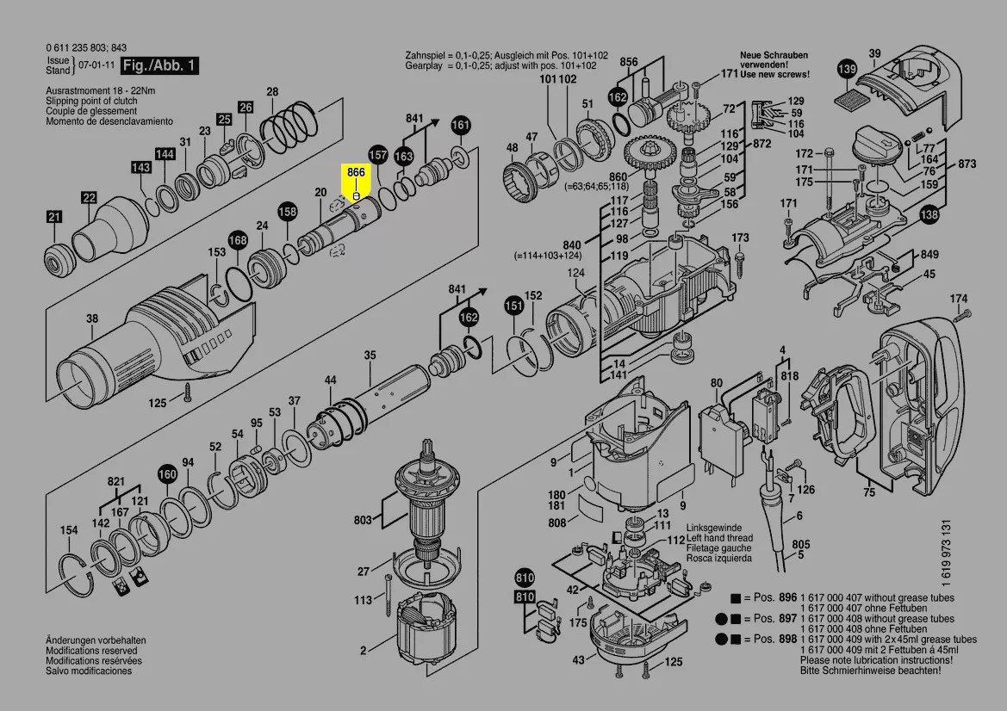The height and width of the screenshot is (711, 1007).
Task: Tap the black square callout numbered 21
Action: (54, 218)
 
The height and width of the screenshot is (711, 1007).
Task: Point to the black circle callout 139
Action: (848, 69)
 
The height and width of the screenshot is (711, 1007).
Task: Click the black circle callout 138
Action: (929, 215)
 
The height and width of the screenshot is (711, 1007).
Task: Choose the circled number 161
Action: (461, 125)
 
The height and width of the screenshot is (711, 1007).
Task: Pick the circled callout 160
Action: (166, 473)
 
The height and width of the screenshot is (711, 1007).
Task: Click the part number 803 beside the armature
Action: (363, 520)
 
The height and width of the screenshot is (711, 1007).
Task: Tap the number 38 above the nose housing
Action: (92, 319)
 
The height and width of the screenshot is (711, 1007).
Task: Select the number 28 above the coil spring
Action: (272, 92)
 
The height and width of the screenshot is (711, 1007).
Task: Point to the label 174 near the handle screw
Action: (959, 299)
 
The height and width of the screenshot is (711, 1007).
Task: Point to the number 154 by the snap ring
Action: (68, 530)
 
